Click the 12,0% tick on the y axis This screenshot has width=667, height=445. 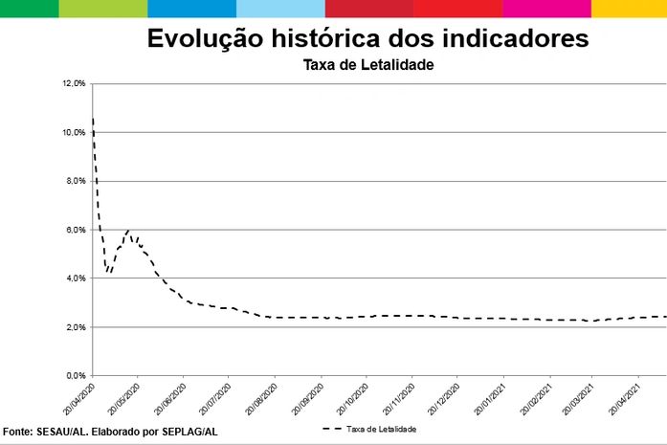pos(74,84)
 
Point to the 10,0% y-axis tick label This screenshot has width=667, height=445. pos(74,133)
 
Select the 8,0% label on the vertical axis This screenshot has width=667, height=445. pos(76,181)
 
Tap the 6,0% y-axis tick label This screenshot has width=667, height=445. pos(76,230)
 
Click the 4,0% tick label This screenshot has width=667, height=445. pos(76,278)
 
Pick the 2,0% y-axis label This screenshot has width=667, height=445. pos(76,327)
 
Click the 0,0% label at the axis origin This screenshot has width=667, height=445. pos(76,376)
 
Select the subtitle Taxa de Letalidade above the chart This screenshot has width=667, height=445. pos(368,66)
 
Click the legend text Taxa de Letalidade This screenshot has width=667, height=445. pos(381,430)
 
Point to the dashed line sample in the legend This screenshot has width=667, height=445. pos(332,430)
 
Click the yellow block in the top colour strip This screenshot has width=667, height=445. pos(629,9)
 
